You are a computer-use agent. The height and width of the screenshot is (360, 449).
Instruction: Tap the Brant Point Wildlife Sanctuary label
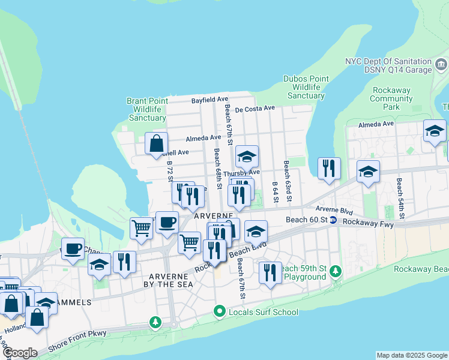[x=147, y=109]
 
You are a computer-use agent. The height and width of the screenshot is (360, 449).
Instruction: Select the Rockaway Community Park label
[x=391, y=98]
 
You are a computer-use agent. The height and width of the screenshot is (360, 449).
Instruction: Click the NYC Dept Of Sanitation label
[x=388, y=62]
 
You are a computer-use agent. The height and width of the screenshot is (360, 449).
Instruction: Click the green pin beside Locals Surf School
[x=220, y=311]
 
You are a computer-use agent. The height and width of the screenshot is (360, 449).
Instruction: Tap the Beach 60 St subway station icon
[x=333, y=220]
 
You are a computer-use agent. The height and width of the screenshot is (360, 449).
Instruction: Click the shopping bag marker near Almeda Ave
[x=156, y=144]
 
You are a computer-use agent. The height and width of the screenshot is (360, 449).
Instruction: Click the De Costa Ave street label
[x=255, y=109]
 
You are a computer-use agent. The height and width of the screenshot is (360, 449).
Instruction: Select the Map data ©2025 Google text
[x=412, y=355]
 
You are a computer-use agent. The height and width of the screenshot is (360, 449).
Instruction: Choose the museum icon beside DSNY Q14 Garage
[x=441, y=64]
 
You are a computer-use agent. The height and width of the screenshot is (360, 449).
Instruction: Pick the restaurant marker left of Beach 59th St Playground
[x=270, y=272]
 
